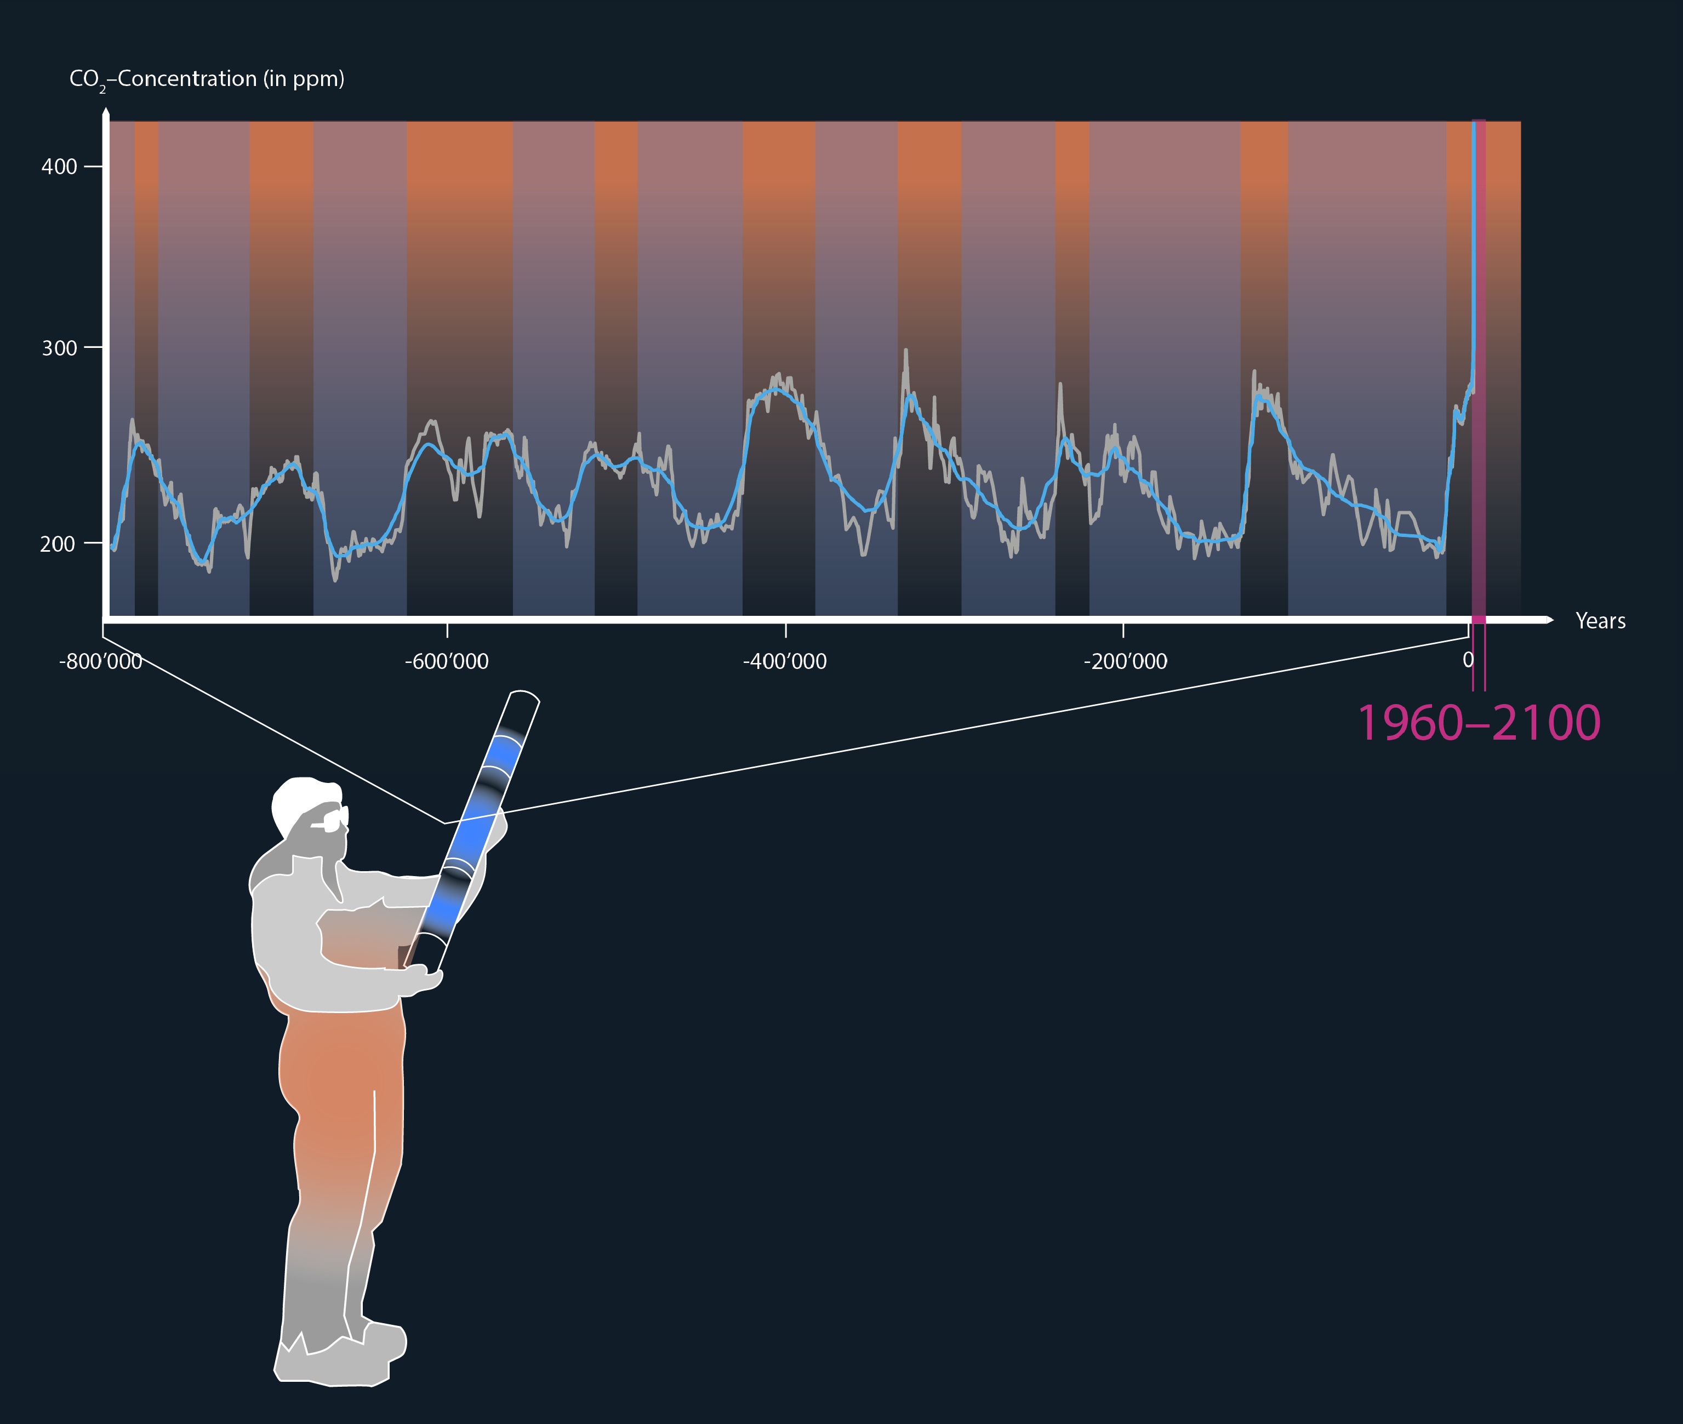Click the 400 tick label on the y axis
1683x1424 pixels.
click(59, 167)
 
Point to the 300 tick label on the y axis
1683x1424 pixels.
click(59, 348)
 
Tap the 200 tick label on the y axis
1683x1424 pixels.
click(58, 544)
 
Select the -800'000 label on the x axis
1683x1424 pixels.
click(100, 662)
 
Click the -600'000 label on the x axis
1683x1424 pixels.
click(447, 662)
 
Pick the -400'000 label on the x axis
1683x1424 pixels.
click(785, 662)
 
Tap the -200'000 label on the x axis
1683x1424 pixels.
click(1125, 662)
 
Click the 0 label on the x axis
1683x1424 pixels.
click(1468, 660)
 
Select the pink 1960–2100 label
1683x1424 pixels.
click(1479, 723)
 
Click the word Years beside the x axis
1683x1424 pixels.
click(1601, 621)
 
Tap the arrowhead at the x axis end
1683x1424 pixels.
click(1549, 620)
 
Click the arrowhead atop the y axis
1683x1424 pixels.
click(106, 115)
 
